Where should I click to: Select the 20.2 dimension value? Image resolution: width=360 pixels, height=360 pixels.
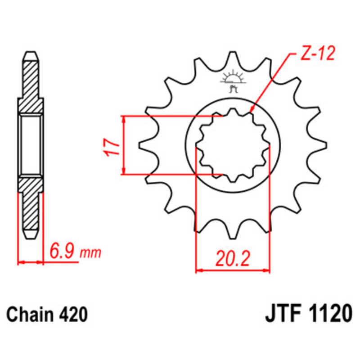pos(232,258)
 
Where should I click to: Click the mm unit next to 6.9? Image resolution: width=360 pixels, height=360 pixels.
pos(90,253)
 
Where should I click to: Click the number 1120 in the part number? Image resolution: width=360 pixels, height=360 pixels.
pos(328,314)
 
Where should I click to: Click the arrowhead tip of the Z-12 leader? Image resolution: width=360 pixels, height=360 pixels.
pos(250,112)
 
